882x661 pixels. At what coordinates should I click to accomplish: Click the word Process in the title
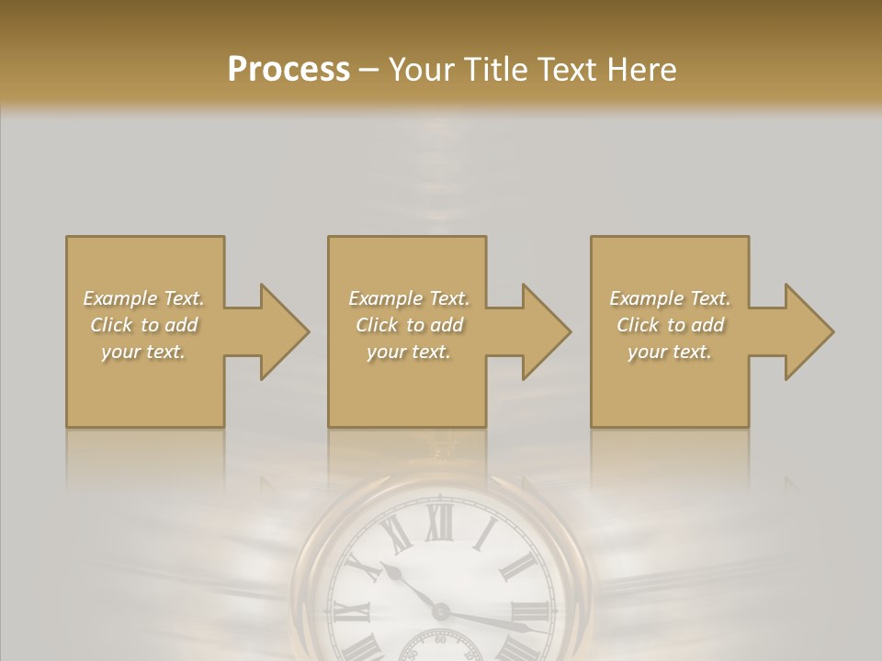click(288, 69)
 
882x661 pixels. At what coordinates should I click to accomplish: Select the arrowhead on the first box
click(285, 331)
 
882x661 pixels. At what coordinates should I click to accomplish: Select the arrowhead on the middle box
click(547, 331)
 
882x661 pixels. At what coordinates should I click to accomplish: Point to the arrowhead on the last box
click(809, 331)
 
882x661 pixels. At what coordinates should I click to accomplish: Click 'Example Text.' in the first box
click(144, 298)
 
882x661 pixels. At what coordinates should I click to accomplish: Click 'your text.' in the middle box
click(408, 352)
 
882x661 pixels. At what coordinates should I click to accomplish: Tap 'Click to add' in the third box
click(671, 325)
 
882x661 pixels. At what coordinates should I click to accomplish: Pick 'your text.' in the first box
click(143, 352)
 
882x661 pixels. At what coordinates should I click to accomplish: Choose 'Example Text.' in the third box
click(670, 298)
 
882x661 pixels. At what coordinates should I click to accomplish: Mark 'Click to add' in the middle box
click(408, 325)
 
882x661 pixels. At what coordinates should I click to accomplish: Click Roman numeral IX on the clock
click(350, 613)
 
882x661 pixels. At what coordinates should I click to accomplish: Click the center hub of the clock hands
click(441, 611)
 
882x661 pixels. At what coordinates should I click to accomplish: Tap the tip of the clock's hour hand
click(385, 567)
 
